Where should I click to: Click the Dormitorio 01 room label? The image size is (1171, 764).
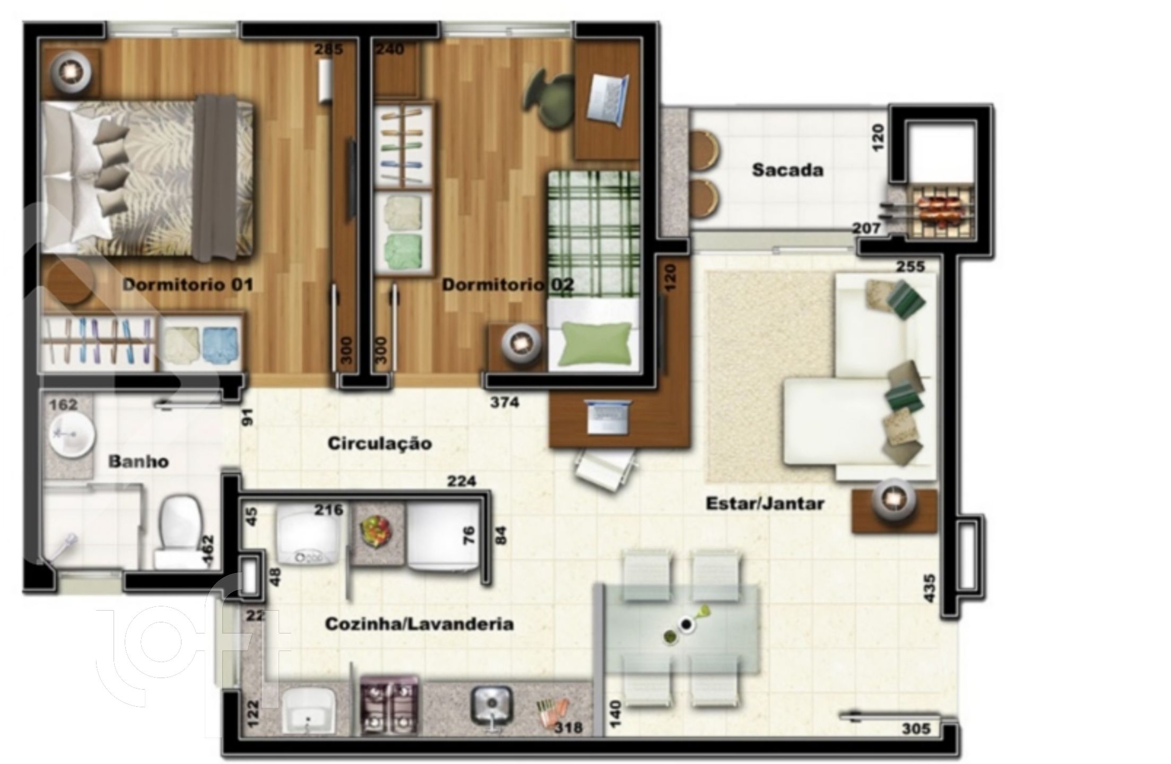pos(188,285)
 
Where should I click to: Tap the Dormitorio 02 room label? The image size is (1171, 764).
pos(508,285)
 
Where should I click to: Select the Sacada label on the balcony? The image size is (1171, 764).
pos(787,170)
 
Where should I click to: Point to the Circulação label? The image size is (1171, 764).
pos(379,443)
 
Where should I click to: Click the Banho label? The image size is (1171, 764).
pos(138,462)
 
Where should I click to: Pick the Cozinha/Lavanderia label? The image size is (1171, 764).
pos(419,624)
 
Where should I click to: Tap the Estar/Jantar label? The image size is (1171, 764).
pos(765,503)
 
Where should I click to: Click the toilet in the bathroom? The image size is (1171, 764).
pos(179,532)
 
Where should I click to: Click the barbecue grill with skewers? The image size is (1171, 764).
pos(938,210)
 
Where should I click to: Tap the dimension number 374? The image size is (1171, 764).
pos(504,403)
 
